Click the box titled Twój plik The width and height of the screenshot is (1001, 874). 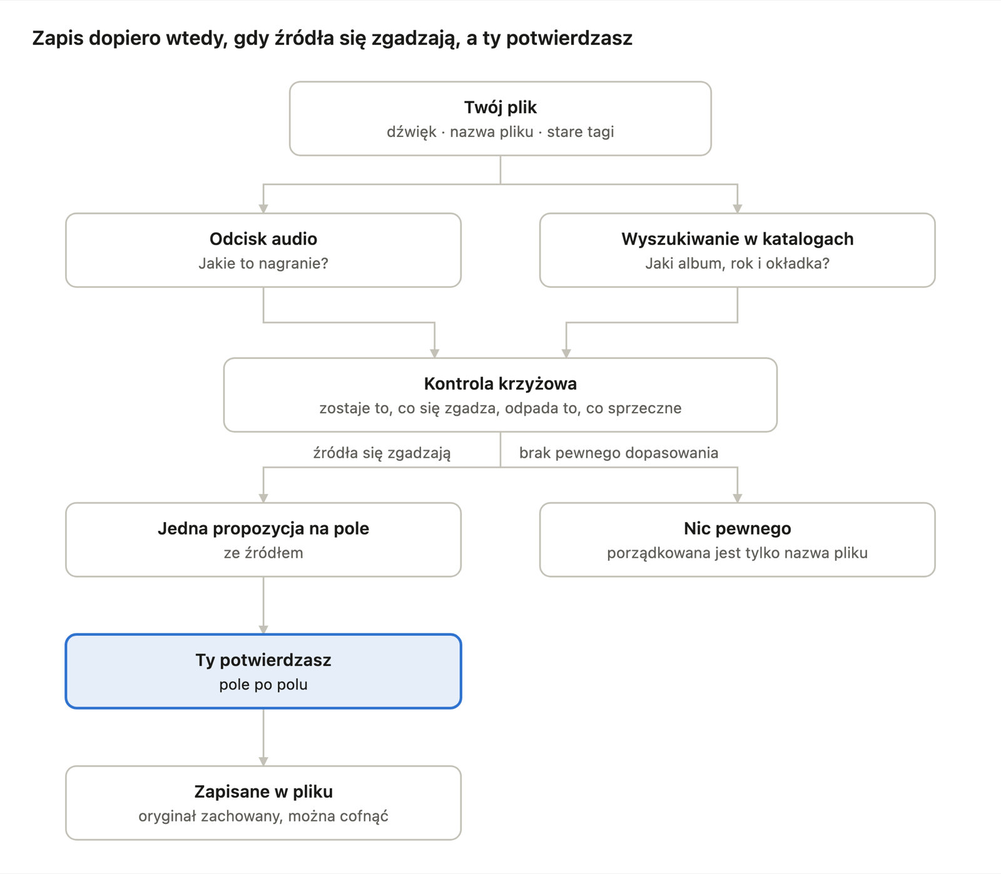coord(500,119)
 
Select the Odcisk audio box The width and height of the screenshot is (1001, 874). coord(263,250)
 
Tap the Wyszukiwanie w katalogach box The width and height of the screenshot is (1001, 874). coord(738,250)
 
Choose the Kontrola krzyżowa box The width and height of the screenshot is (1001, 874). coord(500,395)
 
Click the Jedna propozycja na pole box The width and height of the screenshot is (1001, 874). coord(263,540)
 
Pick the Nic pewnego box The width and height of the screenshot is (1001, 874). coord(738,540)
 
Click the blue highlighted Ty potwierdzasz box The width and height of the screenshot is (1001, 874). coord(263,671)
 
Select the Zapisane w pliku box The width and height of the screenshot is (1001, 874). coord(263,803)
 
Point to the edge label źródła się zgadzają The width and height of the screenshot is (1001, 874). coord(382,453)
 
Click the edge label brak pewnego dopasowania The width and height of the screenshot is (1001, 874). coord(619,453)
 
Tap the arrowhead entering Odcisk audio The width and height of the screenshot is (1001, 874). coord(263,208)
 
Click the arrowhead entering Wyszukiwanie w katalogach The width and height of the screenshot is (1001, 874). coord(738,208)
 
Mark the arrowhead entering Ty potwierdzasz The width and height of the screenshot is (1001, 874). coord(263,629)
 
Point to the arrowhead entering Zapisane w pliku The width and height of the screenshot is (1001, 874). coord(263,761)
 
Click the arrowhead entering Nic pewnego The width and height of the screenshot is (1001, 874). coord(738,498)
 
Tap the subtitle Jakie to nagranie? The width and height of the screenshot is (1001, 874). coord(263,263)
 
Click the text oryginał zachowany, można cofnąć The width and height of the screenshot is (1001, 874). coord(263,816)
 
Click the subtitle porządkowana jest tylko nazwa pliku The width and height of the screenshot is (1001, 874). coord(738,553)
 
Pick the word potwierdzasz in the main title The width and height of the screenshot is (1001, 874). coord(569,39)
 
